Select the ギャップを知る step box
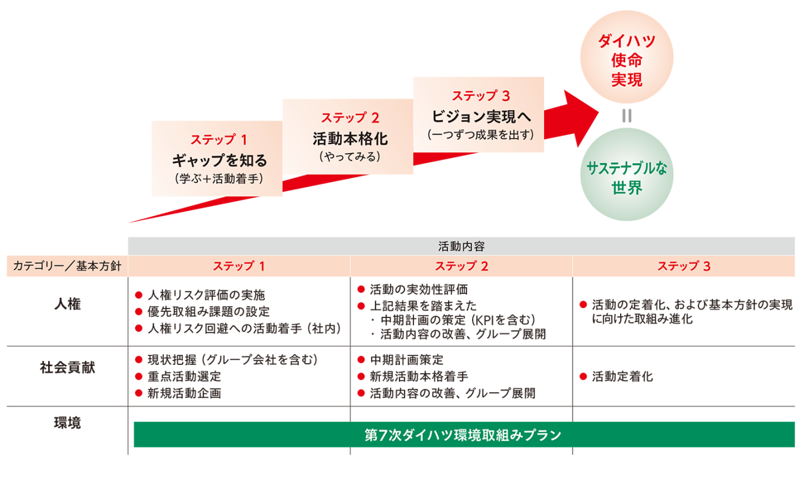click(x=217, y=158)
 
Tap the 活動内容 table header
click(x=461, y=246)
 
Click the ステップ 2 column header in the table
click(x=461, y=266)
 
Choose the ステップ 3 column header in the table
click(x=683, y=266)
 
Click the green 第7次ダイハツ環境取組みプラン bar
click(x=463, y=435)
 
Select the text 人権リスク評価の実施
click(x=206, y=295)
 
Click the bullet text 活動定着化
click(x=622, y=377)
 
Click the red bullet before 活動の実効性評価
click(x=362, y=290)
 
